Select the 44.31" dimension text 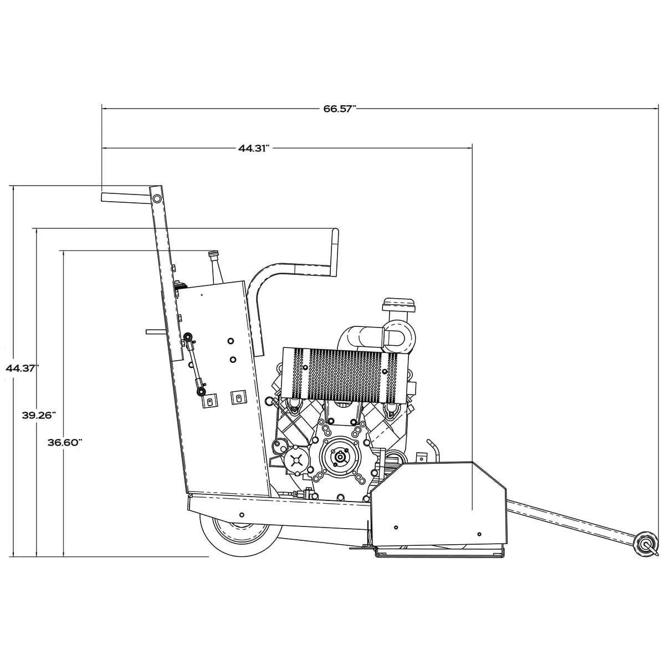click(254, 148)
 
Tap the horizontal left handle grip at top click(125, 197)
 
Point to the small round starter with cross click(297, 459)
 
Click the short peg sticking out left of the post click(155, 332)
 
